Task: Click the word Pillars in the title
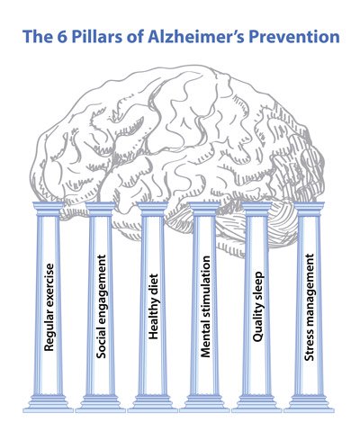(x=96, y=37)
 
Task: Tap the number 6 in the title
(x=59, y=37)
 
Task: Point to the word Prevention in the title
(x=294, y=37)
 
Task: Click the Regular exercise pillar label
(x=49, y=308)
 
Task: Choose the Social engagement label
(x=101, y=307)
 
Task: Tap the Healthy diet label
(x=153, y=306)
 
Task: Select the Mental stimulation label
(x=205, y=307)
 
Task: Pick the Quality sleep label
(x=257, y=307)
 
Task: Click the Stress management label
(x=310, y=308)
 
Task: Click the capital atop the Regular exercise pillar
(x=49, y=209)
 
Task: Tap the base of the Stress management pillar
(x=310, y=404)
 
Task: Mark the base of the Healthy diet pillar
(x=153, y=404)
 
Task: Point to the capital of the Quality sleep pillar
(x=256, y=209)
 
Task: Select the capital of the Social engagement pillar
(x=100, y=209)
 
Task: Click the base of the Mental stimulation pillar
(x=205, y=404)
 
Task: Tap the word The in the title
(x=37, y=37)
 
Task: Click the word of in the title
(x=134, y=37)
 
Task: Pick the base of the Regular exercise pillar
(x=49, y=404)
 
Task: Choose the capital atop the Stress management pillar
(x=309, y=209)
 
